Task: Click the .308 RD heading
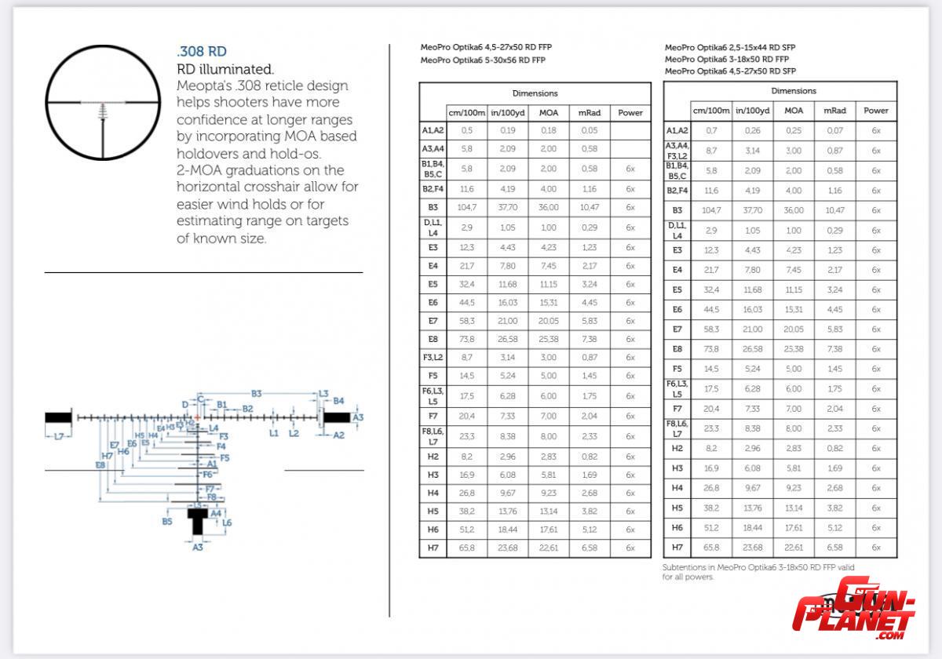(202, 53)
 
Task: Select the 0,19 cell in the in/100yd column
(507, 130)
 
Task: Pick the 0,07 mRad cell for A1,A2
(834, 130)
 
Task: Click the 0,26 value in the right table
(752, 130)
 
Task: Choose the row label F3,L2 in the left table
(433, 357)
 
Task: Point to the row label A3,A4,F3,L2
(677, 150)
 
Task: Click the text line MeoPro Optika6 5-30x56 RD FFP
(483, 60)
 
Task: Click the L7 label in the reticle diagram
(59, 436)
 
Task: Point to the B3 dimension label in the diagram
(256, 393)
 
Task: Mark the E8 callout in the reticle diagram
(100, 465)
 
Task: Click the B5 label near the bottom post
(167, 521)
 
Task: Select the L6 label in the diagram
(227, 522)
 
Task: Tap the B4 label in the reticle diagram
(338, 401)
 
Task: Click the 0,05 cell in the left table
(589, 130)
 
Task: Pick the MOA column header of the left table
(548, 112)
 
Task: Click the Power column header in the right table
(875, 111)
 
